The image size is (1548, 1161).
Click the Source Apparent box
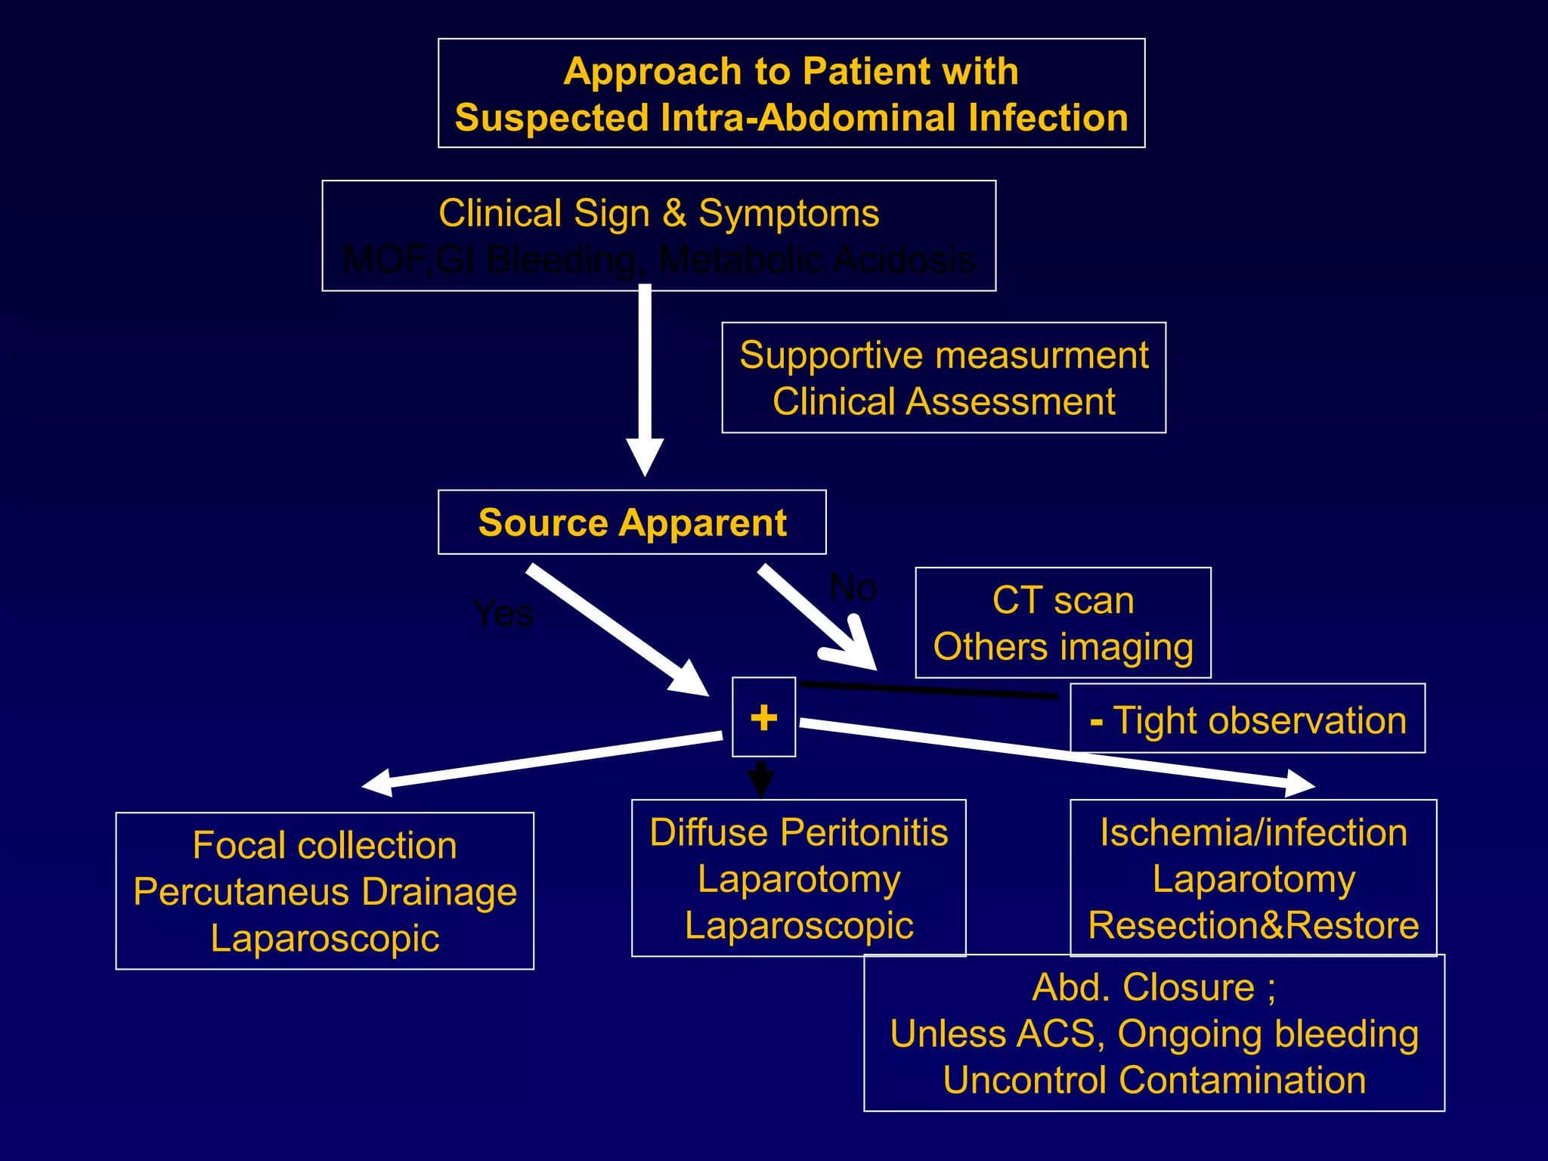click(x=632, y=522)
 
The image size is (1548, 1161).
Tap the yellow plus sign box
click(x=763, y=717)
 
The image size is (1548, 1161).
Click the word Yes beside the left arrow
click(x=503, y=613)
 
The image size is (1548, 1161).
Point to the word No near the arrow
click(x=853, y=587)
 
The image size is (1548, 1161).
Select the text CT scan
click(x=1063, y=601)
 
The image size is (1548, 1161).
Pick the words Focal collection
click(x=324, y=845)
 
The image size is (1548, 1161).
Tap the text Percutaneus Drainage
click(x=324, y=892)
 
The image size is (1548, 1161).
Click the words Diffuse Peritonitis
click(x=798, y=832)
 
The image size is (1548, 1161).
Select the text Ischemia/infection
click(x=1253, y=832)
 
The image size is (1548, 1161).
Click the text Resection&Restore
click(x=1253, y=925)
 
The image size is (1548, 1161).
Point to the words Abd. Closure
click(x=1143, y=987)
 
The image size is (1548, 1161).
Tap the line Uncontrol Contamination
click(x=1154, y=1080)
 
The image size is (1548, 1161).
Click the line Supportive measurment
click(x=943, y=355)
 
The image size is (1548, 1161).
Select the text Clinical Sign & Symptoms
click(x=658, y=213)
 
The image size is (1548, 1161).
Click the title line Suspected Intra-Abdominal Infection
click(x=791, y=119)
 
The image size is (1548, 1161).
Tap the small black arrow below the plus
click(x=761, y=782)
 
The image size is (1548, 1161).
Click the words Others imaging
click(x=1063, y=648)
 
